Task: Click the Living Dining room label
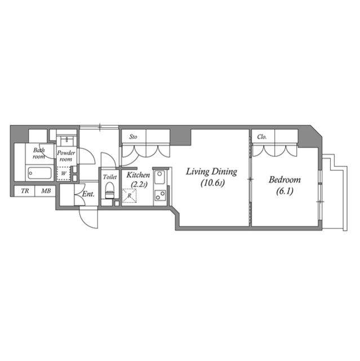point(211,171)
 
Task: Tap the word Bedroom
point(285,180)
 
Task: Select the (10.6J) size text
point(211,183)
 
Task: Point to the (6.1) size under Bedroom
point(285,191)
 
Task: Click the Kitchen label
point(138,175)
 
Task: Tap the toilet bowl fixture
point(110,192)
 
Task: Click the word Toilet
point(110,177)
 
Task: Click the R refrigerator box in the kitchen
point(130,196)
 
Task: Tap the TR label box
point(25,191)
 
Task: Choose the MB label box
point(46,191)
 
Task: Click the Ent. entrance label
point(88,195)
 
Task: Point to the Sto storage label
point(134,137)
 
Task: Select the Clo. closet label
point(262,137)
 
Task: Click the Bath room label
point(38,153)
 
